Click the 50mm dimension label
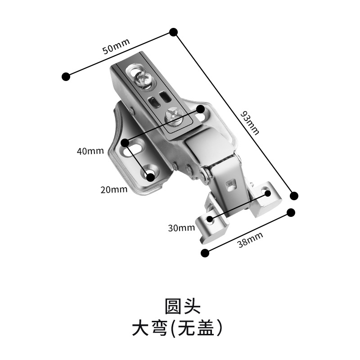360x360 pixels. (x=116, y=46)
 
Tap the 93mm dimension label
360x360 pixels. (x=250, y=123)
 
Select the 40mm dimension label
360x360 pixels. (x=90, y=151)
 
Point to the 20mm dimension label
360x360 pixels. (x=114, y=189)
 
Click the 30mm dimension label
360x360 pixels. (x=181, y=228)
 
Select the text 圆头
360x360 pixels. (x=181, y=306)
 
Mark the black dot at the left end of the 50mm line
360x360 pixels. (x=66, y=76)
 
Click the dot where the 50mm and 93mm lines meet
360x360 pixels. (x=174, y=31)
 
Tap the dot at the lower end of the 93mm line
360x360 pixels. (x=294, y=195)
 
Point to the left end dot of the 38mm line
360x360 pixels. (x=205, y=253)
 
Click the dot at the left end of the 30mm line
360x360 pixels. (x=210, y=221)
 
